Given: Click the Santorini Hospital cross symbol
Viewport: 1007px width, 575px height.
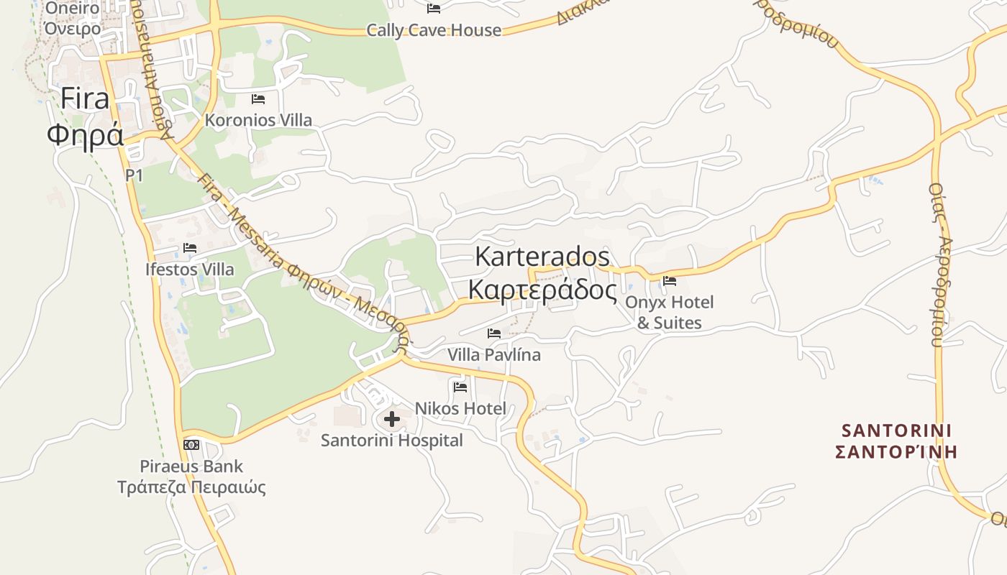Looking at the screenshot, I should click(392, 418).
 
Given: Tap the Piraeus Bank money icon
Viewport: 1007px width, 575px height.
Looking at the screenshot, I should click(191, 445).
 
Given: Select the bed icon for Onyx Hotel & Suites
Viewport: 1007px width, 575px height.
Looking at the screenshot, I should click(670, 280).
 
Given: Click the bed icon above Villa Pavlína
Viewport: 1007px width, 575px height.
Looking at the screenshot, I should click(494, 333).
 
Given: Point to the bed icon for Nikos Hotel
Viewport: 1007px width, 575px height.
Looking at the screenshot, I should click(460, 387).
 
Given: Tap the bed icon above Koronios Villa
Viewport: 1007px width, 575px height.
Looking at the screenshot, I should click(258, 98).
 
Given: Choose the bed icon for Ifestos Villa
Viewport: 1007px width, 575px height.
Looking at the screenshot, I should click(190, 248).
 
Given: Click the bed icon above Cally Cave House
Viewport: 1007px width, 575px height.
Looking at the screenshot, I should click(434, 9).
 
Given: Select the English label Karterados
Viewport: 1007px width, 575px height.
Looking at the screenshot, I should click(542, 256).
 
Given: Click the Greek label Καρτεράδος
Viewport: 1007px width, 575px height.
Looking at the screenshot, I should click(542, 290).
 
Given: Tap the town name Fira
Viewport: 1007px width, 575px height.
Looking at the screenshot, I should click(84, 98).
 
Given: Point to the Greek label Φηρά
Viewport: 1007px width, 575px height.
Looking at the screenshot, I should click(85, 134).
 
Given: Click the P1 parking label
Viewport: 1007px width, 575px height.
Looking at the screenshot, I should click(134, 175).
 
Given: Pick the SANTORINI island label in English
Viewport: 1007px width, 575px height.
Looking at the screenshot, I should click(896, 431).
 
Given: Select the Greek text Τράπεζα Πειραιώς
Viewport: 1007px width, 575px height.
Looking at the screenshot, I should click(191, 487).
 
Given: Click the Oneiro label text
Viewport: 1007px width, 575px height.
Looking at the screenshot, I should click(72, 9).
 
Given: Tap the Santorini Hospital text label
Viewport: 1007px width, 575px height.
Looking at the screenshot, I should click(392, 440).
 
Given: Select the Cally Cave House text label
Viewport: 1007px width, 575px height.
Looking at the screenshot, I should click(434, 30).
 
